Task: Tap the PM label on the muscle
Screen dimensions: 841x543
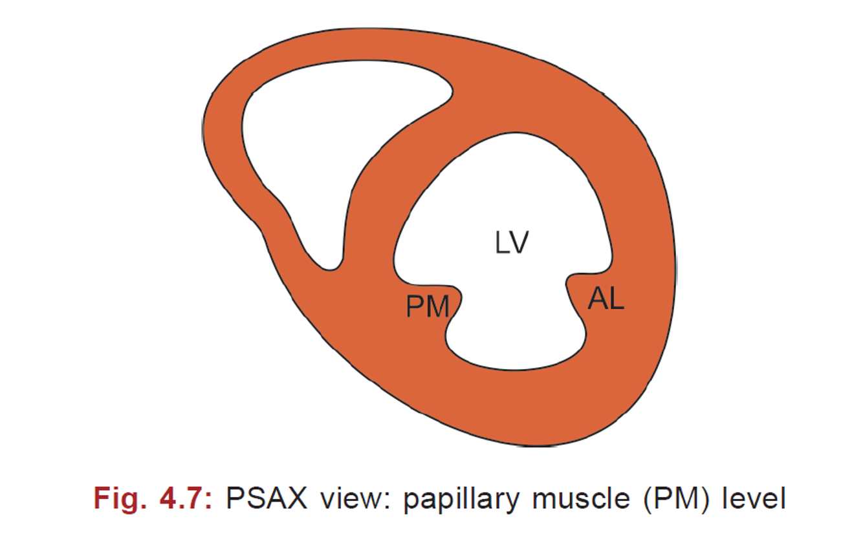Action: (x=428, y=307)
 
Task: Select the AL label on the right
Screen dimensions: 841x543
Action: (x=606, y=299)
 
